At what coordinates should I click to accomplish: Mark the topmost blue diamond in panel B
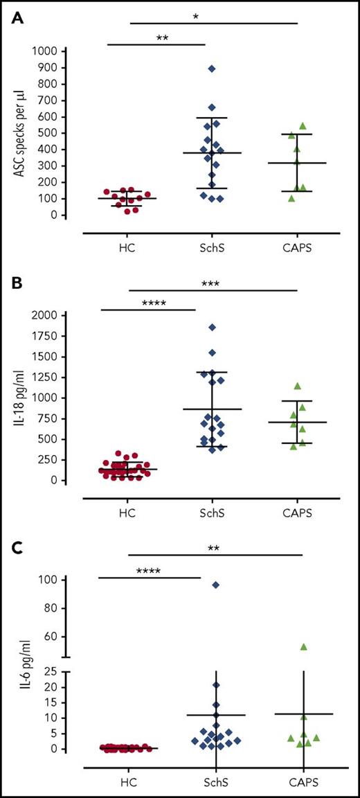(x=212, y=327)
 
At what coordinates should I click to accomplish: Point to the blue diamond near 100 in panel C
(x=216, y=585)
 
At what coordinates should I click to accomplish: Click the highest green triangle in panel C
(x=303, y=646)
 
